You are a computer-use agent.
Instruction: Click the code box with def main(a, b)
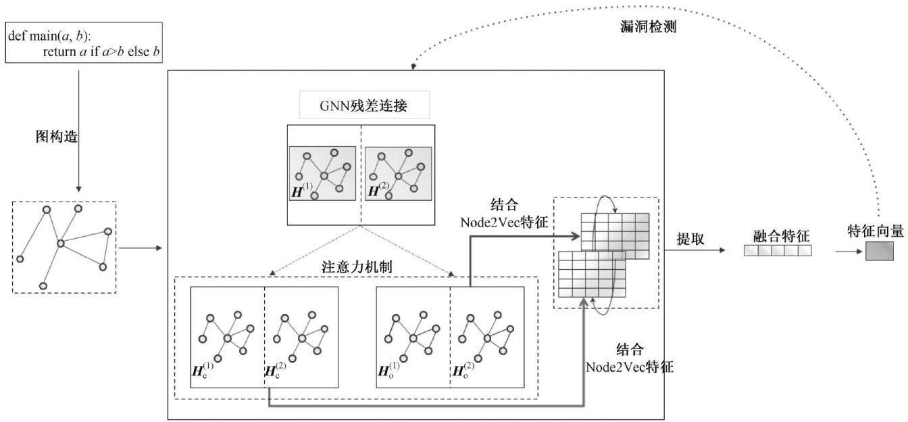pyautogui.click(x=84, y=43)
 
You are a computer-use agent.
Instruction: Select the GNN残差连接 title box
pyautogui.click(x=363, y=106)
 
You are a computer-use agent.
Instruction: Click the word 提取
pyautogui.click(x=690, y=239)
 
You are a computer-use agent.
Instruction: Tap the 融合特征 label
pyautogui.click(x=781, y=237)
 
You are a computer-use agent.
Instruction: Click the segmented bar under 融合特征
pyautogui.click(x=777, y=251)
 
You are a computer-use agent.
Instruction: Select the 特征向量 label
pyautogui.click(x=875, y=231)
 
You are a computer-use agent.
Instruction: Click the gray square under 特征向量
pyautogui.click(x=879, y=251)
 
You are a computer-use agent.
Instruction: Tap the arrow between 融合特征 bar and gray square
pyautogui.click(x=848, y=251)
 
